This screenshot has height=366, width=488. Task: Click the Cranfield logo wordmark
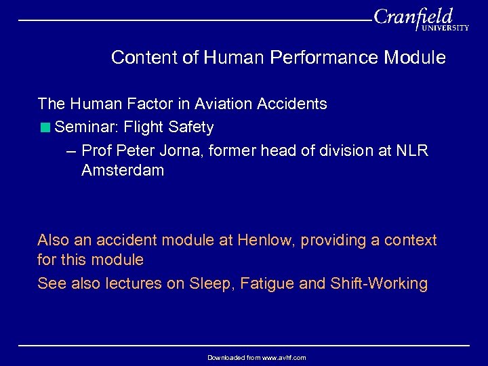tap(413, 16)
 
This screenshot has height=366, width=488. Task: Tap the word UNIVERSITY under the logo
tap(445, 28)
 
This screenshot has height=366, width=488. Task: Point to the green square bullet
tap(45, 127)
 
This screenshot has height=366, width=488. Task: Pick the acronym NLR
tap(412, 150)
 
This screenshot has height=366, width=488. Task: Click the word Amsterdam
tap(123, 170)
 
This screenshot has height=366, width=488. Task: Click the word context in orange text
tap(411, 240)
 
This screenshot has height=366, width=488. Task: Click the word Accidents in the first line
tap(293, 104)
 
